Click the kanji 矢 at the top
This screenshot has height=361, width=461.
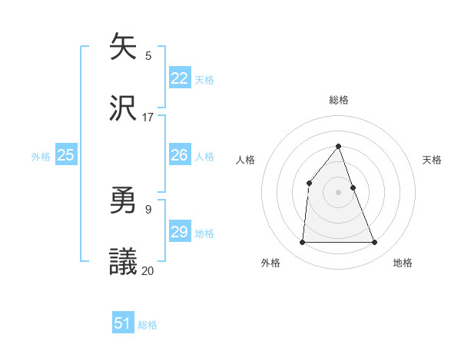pos(123,47)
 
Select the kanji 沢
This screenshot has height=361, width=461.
pos(123,108)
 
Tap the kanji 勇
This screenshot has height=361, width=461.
pos(123,201)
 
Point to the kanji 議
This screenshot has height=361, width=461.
pos(123,262)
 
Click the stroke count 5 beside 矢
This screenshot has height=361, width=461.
pos(148,55)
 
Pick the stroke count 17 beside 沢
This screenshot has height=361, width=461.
pos(148,117)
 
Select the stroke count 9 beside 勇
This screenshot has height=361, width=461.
pos(148,209)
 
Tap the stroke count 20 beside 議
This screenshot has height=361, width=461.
pos(148,270)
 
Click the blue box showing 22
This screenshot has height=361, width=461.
pos(180,78)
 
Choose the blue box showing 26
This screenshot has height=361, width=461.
pos(180,155)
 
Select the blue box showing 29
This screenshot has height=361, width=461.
pos(180,232)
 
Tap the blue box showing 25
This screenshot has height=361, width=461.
pos(66,155)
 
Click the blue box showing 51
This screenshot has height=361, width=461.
pos(123,323)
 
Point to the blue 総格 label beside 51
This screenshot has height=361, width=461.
pos(148,325)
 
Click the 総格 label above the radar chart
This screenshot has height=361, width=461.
pos(339,100)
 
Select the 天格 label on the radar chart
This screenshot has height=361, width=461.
pos(433,160)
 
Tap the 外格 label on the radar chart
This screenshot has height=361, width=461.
pos(270,263)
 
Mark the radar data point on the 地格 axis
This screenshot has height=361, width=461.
pos(375,243)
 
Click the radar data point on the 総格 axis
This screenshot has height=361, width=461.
pos(339,146)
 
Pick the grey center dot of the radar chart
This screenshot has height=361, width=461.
pos(339,192)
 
